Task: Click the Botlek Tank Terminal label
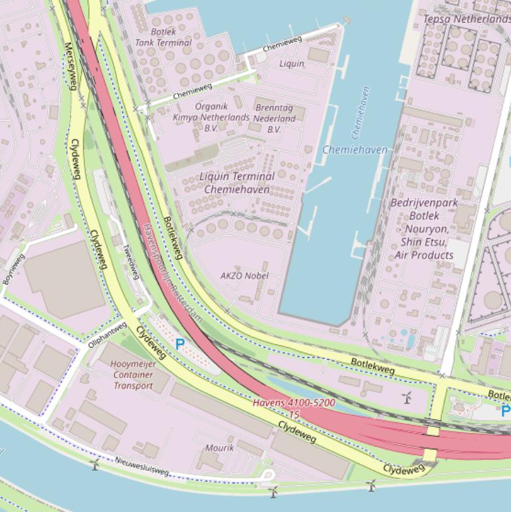(x=163, y=37)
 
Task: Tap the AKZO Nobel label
(x=245, y=275)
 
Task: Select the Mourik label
(x=219, y=448)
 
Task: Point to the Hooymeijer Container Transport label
(x=134, y=375)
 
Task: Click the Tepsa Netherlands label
(x=466, y=19)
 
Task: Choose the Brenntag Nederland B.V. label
(x=274, y=118)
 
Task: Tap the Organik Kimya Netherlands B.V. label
(x=211, y=116)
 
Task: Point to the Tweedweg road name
(x=130, y=260)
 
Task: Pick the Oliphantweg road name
(x=107, y=335)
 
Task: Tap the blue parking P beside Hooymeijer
(x=179, y=344)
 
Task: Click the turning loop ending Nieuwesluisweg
(x=268, y=475)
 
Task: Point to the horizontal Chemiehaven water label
(x=354, y=150)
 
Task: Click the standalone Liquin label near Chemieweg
(x=292, y=64)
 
